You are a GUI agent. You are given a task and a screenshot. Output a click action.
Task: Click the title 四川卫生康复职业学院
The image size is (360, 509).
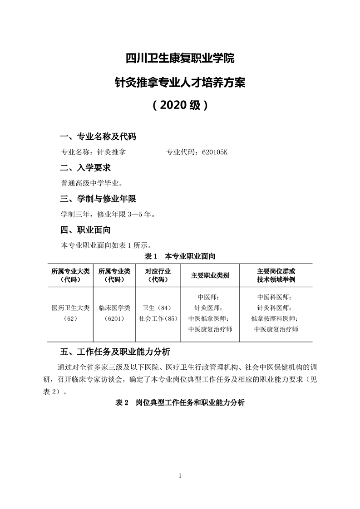point(180,59)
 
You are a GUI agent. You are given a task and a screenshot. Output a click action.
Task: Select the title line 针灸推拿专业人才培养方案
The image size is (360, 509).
point(180,83)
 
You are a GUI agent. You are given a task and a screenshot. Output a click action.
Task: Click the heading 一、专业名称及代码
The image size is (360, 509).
point(99,137)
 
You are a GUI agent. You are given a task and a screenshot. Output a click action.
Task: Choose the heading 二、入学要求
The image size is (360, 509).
point(86,168)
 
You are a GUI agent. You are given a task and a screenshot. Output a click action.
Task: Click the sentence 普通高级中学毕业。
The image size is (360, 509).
point(91,183)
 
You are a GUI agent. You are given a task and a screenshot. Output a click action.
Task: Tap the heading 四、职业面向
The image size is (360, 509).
point(86,230)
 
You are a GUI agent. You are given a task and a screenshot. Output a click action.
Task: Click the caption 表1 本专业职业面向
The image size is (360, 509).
point(180,257)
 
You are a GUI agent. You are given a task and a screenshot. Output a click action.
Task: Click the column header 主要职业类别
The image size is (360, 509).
point(210,275)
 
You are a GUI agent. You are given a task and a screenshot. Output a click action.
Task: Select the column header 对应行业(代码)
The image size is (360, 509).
point(158,275)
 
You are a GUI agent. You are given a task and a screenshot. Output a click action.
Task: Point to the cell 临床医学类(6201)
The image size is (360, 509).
point(114,313)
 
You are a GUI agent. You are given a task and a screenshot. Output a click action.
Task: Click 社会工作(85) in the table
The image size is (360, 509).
point(158,318)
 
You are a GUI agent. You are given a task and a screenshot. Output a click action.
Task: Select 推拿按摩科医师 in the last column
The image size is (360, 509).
point(276,318)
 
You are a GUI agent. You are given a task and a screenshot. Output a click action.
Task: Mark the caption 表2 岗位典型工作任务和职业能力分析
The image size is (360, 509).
point(180,403)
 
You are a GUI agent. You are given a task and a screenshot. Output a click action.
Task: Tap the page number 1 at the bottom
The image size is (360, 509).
point(180,475)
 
